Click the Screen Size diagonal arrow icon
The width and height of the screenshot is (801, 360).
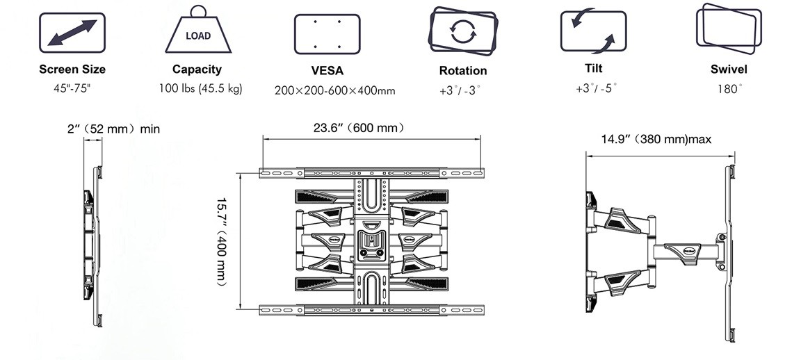[x=72, y=33]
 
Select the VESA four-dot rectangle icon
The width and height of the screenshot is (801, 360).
[x=326, y=33]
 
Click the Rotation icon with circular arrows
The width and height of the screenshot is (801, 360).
[x=463, y=32]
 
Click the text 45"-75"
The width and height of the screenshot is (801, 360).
[x=72, y=89]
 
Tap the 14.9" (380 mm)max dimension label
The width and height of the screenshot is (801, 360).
[x=656, y=140]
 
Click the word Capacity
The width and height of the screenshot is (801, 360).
[x=197, y=69]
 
